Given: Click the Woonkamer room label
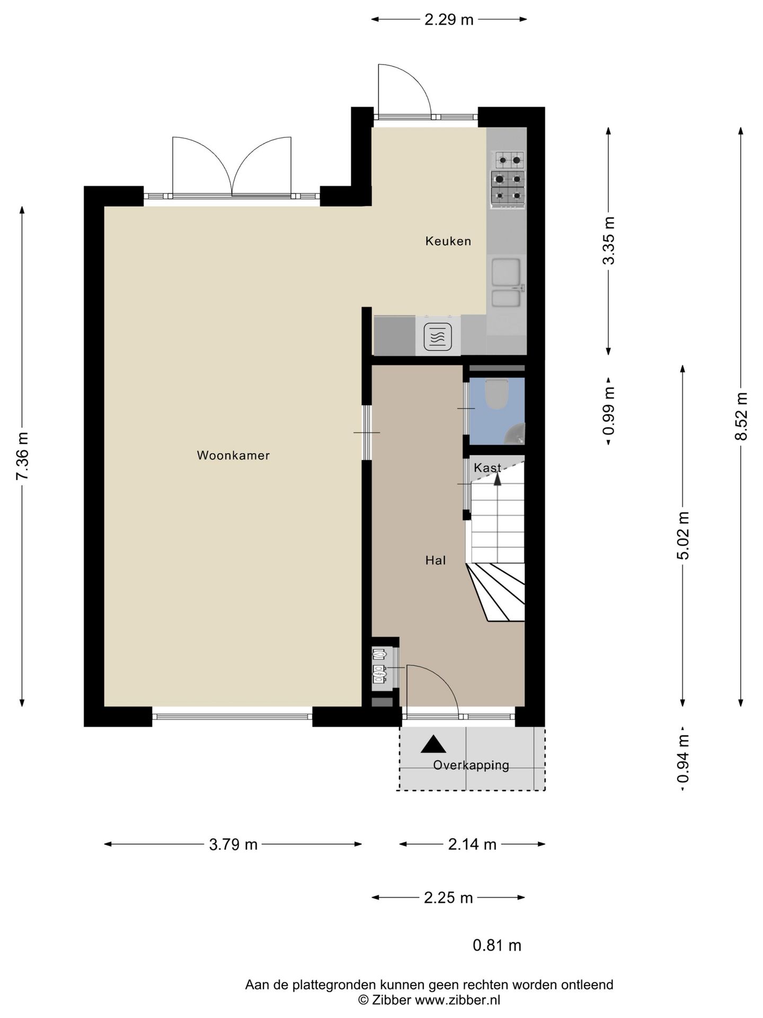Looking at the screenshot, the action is (233, 455).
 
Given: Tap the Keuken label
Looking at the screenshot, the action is (448, 241).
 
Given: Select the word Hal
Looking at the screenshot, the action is (436, 560).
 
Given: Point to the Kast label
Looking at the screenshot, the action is (487, 468).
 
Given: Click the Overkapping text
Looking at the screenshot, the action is (471, 765).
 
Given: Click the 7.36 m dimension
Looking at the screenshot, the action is (23, 457).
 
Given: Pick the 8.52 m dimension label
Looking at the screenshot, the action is (741, 416).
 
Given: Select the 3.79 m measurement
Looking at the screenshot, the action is (233, 845).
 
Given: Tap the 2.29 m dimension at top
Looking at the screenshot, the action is (449, 20).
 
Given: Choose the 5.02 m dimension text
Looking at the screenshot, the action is (683, 536).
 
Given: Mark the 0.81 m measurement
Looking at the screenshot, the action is (497, 945).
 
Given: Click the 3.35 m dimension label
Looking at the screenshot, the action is (610, 241).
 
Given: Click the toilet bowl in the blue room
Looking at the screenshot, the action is (496, 394).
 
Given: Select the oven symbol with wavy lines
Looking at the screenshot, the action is (438, 336).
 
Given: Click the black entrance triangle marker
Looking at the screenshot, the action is (433, 744).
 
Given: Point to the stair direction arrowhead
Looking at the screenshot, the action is (497, 478).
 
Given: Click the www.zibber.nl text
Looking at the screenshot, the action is (457, 1000).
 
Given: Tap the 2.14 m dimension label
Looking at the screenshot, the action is (472, 845).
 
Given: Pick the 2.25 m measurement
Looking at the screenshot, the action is (448, 898).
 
